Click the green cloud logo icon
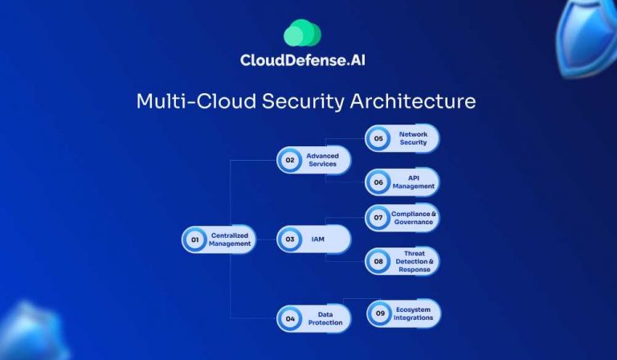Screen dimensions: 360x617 (x=302, y=33)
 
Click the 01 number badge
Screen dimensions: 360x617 (x=194, y=239)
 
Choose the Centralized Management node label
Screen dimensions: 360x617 (x=230, y=239)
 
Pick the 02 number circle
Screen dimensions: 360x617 (x=289, y=160)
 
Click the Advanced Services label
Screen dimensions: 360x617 (x=323, y=160)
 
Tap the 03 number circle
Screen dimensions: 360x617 (x=289, y=239)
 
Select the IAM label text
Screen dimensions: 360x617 (x=318, y=239)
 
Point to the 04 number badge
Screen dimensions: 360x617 (x=289, y=318)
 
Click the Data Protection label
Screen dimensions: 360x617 (x=325, y=318)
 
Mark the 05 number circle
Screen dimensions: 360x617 (x=378, y=138)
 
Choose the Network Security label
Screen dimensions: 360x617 (x=414, y=138)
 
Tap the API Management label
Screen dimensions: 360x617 (x=414, y=182)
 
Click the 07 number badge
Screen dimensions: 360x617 (x=378, y=219)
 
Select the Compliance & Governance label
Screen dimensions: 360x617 (x=414, y=219)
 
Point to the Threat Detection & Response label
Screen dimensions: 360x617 (x=414, y=261)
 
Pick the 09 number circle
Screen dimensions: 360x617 (x=379, y=313)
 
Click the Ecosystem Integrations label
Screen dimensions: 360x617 (x=414, y=313)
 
